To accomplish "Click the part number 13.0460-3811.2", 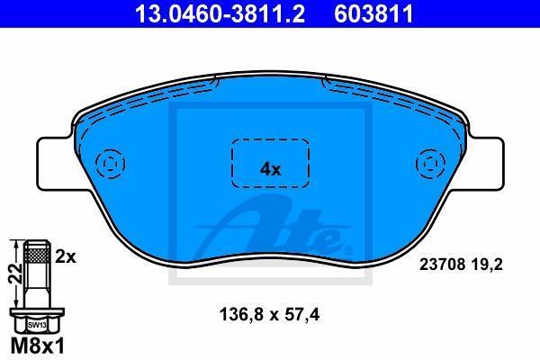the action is (220, 13).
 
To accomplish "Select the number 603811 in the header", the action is (373, 13).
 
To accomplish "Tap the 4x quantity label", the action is (270, 169).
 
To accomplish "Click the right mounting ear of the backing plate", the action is (486, 163).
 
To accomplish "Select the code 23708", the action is (443, 265).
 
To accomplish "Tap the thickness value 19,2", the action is (488, 265).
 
